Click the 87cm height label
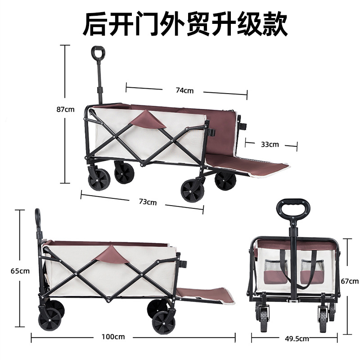[66, 109]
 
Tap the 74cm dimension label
[184, 90]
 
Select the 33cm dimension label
[270, 144]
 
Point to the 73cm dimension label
[148, 202]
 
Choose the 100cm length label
[113, 336]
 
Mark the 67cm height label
[350, 282]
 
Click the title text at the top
[185, 24]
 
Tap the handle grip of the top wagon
[97, 53]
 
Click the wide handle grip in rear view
[293, 208]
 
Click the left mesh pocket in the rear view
[273, 273]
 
